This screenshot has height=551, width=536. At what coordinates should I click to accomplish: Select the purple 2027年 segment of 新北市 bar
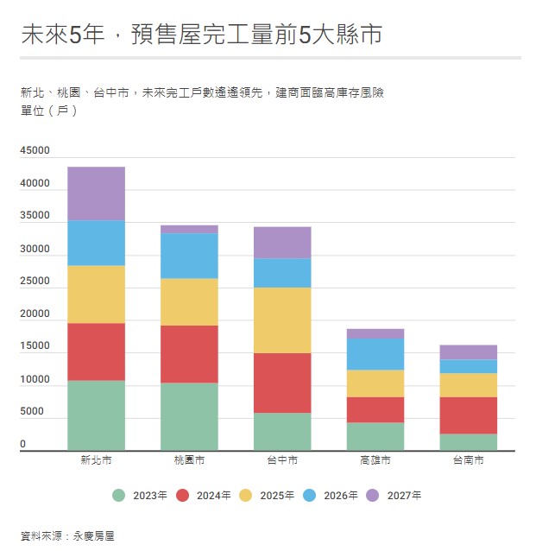tap(96, 193)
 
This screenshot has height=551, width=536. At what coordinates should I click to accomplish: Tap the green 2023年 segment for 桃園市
tap(189, 416)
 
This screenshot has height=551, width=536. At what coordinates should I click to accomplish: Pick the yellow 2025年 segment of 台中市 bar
tap(282, 320)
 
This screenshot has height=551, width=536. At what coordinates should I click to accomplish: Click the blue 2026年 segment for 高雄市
tap(375, 353)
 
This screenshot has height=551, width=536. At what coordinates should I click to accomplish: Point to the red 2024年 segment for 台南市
tap(469, 415)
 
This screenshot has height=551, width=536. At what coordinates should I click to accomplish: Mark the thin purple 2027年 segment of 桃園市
tap(189, 229)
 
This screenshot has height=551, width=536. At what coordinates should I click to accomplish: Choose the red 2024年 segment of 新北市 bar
tap(96, 351)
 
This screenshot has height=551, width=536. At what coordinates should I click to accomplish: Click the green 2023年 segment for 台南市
tap(469, 442)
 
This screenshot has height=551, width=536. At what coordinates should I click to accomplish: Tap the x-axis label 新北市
tap(96, 460)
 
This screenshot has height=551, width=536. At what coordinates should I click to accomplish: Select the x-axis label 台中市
tap(282, 460)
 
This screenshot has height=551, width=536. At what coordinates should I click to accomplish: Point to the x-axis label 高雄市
tap(375, 460)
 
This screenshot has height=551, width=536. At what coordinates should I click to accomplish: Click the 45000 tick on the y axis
tap(35, 151)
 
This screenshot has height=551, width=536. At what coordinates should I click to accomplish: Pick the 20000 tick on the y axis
tap(35, 314)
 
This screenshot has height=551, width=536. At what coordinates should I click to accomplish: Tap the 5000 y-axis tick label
tap(32, 412)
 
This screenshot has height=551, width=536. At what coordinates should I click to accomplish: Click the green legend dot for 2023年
tap(118, 495)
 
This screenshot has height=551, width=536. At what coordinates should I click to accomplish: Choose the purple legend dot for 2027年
tap(373, 495)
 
